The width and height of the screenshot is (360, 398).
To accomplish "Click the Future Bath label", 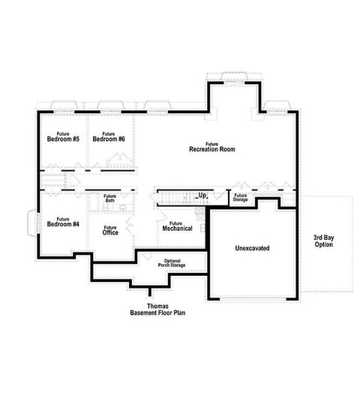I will point(110,199).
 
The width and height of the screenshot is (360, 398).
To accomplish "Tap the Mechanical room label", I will point(176,226).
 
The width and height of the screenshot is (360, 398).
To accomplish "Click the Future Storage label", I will point(240,198).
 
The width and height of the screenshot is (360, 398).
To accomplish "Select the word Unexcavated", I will point(252,248).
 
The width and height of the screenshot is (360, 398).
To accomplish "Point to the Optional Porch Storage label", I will point(172,262).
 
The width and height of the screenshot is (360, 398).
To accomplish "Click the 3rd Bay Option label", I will point(324,241).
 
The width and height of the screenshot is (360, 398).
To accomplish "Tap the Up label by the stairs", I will point(202,196).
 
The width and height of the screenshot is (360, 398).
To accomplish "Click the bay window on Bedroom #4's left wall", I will point(31,223).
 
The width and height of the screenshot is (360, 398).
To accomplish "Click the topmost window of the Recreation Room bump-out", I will point(234,75).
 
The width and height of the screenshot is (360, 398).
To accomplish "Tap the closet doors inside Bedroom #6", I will point(116,160).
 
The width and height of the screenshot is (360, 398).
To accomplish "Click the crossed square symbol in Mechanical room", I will point(199,212).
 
